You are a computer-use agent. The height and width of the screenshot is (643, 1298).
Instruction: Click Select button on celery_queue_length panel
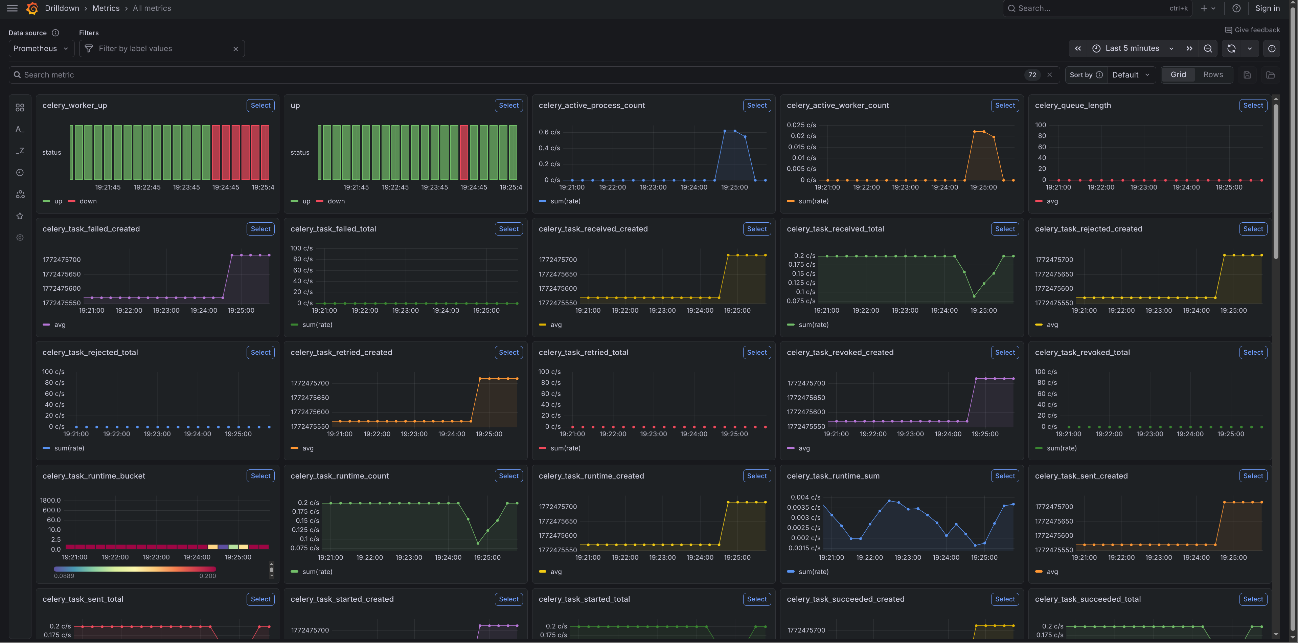pyautogui.click(x=1253, y=105)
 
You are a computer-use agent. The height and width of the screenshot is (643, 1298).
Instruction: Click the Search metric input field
pyautogui.click(x=504, y=74)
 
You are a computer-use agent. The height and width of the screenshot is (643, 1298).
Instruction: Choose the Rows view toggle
pyautogui.click(x=1213, y=74)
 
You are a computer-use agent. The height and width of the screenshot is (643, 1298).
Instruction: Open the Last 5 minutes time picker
pyautogui.click(x=1132, y=48)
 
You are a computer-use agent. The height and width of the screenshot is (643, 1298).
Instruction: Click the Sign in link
pyautogui.click(x=1267, y=8)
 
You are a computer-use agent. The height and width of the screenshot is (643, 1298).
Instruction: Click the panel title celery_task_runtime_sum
pyautogui.click(x=833, y=476)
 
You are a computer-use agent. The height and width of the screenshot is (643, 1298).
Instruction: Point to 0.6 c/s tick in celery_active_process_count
pyautogui.click(x=549, y=132)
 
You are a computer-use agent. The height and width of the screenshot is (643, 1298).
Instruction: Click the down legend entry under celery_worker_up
pyautogui.click(x=88, y=201)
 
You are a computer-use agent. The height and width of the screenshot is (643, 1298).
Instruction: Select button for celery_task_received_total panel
pyautogui.click(x=1005, y=229)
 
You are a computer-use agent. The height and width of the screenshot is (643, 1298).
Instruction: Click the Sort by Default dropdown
pyautogui.click(x=1130, y=74)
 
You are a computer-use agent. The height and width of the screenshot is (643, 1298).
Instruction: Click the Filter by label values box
pyautogui.click(x=161, y=48)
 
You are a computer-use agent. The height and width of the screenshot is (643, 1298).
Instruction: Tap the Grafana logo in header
pyautogui.click(x=32, y=8)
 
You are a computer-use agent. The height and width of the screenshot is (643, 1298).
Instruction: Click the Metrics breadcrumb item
pyautogui.click(x=106, y=8)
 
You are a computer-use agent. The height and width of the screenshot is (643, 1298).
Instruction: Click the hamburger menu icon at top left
pyautogui.click(x=12, y=8)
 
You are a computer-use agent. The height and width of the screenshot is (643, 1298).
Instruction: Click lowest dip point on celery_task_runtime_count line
pyautogui.click(x=478, y=543)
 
